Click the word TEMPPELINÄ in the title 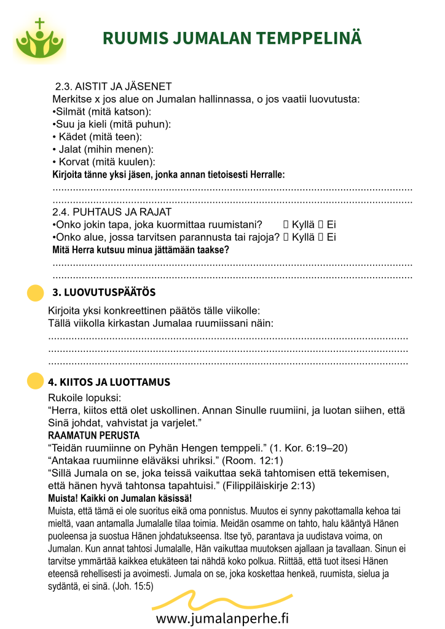pyautogui.click(x=311, y=39)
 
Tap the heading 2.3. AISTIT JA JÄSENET pyautogui.click(x=113, y=87)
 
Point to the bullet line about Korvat pyautogui.click(x=104, y=162)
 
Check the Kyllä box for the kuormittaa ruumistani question pyautogui.click(x=286, y=225)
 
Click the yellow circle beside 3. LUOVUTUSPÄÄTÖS pyautogui.click(x=36, y=293)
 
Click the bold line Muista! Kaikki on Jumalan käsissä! pyautogui.click(x=119, y=498)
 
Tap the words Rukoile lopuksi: pyautogui.click(x=84, y=397)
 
